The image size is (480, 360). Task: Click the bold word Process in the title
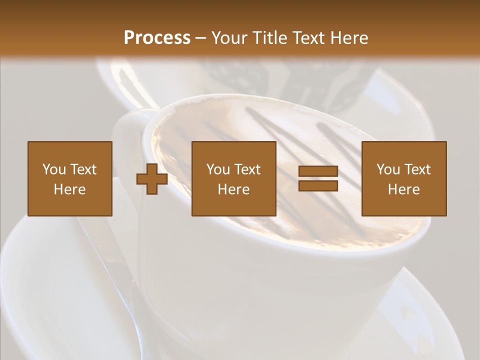tap(157, 38)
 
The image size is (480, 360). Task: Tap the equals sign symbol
tap(318, 178)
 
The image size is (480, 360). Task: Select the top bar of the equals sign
tap(318, 171)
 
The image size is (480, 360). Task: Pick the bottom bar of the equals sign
tap(318, 185)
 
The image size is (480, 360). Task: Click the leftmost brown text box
tap(70, 178)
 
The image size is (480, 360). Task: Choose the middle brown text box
tap(234, 178)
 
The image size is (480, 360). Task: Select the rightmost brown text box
tap(404, 178)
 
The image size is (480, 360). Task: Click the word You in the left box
tap(54, 169)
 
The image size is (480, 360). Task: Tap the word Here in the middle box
tap(234, 189)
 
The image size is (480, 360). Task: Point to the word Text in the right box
tap(417, 169)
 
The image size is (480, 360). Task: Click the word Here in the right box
tap(404, 189)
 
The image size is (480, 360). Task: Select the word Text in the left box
tap(83, 169)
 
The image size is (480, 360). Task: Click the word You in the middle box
tap(218, 169)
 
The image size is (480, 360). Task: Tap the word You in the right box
tap(388, 169)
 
